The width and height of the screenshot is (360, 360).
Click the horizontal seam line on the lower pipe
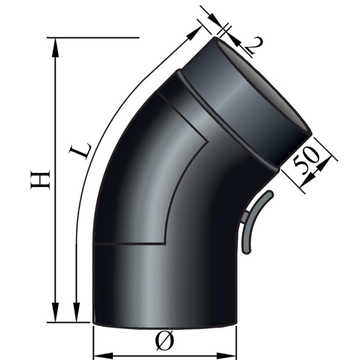click(130, 244)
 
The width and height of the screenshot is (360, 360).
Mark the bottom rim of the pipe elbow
click(164, 325)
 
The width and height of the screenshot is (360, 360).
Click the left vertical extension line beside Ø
click(93, 342)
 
